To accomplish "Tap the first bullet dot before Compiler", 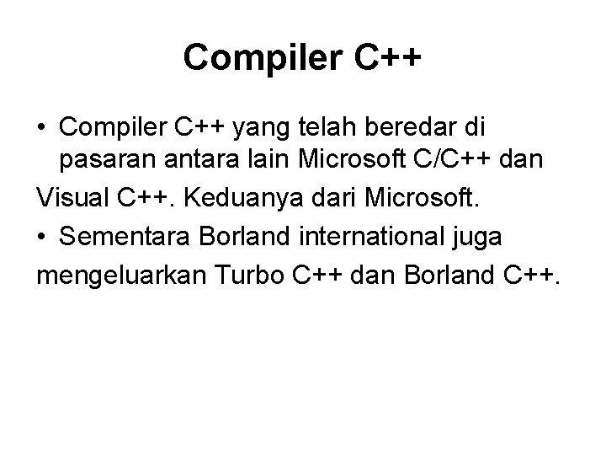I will [x=41, y=128].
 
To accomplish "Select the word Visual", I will [x=72, y=200].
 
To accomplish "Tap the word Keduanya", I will [x=230, y=201].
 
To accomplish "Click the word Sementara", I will [x=125, y=238].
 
